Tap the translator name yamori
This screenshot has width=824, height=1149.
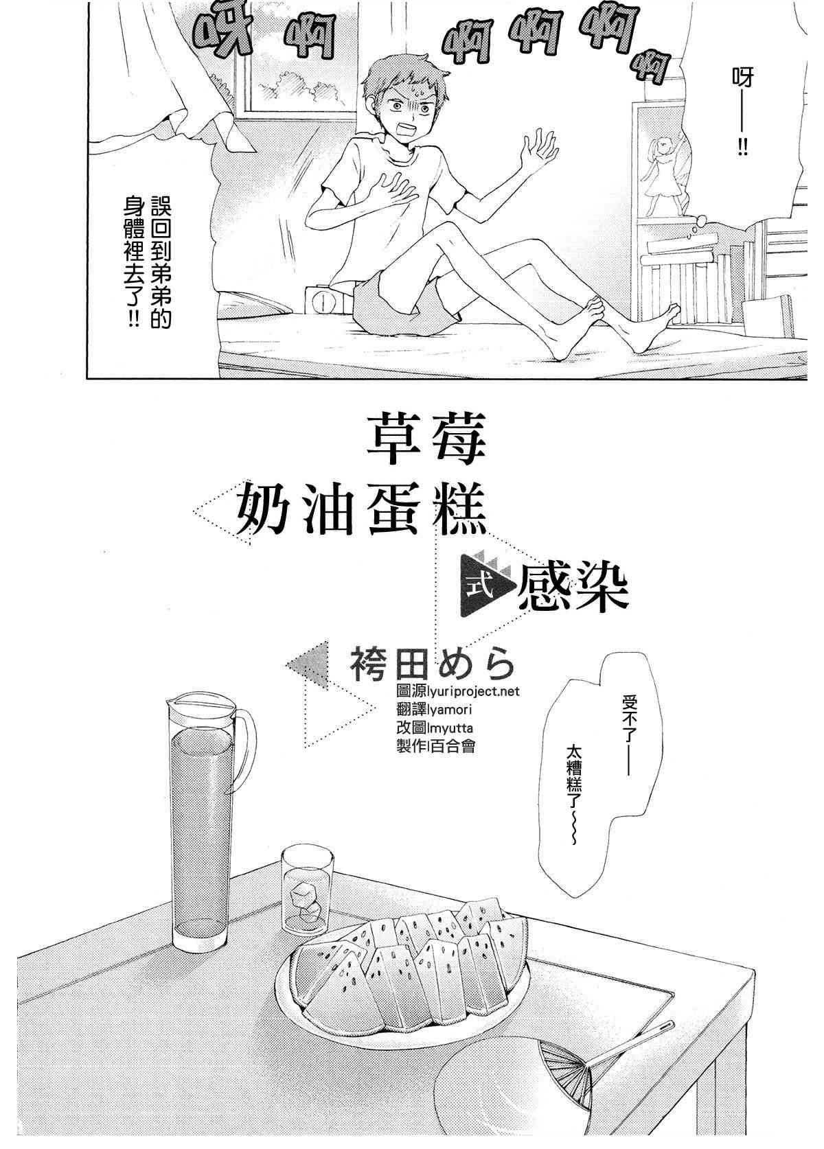(x=448, y=710)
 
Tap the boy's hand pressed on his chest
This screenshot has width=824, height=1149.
(x=395, y=185)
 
